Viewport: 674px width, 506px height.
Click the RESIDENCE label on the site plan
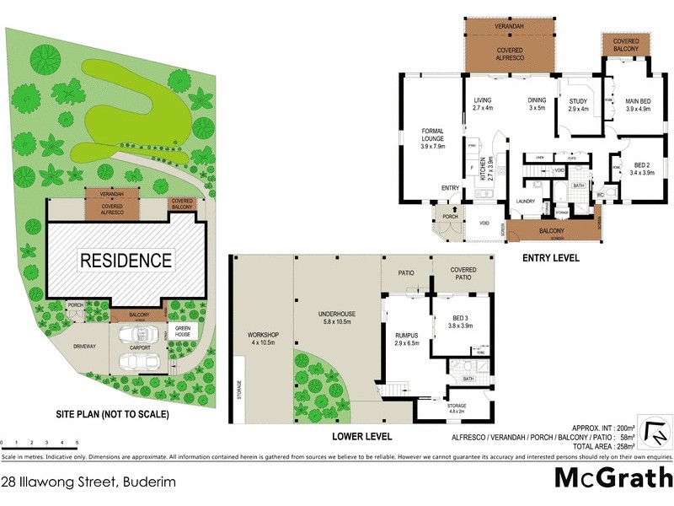click(126, 261)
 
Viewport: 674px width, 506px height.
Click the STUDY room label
click(578, 105)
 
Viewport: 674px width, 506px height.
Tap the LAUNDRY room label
click(527, 201)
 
